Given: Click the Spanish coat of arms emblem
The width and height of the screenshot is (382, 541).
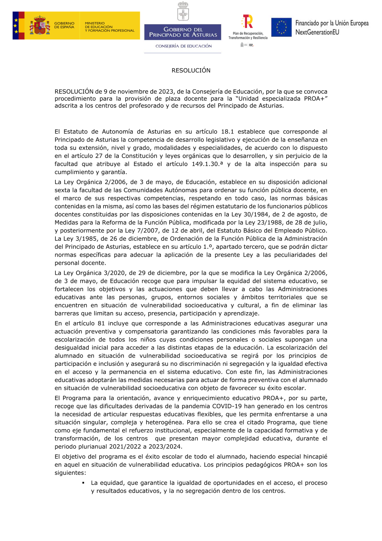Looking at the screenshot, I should click(40, 26).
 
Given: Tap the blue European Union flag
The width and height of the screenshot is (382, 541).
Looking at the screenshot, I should click(282, 27).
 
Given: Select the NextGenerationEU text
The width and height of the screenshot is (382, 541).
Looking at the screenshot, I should click(317, 33).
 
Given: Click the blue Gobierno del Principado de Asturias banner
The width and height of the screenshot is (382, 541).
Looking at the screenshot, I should click(183, 32).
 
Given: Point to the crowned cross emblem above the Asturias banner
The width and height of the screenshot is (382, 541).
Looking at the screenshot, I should click(183, 11).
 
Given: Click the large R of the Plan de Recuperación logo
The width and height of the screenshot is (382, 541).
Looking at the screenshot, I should click(248, 21).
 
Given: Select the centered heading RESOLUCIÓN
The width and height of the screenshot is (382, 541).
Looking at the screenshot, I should click(191, 70).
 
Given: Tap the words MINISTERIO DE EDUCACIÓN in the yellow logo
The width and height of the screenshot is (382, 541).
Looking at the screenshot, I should click(99, 25).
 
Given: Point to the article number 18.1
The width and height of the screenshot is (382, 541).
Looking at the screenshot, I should click(227, 132).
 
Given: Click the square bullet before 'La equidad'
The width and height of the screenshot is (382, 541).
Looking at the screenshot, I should click(83, 483).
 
